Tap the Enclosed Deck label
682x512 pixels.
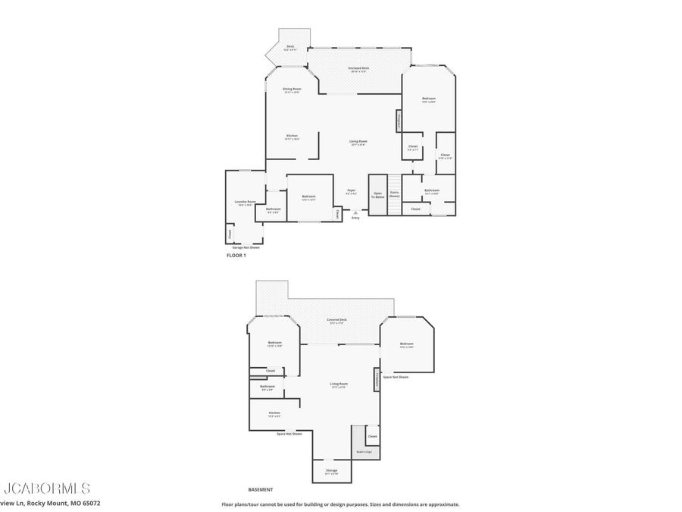[359, 69]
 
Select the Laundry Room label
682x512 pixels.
[246, 203]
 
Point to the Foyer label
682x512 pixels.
[351, 192]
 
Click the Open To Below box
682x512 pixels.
[378, 195]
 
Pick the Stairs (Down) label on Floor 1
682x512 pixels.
[394, 195]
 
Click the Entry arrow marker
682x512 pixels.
[355, 213]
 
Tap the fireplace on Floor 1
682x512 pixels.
[398, 121]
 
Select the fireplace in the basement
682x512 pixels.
[375, 379]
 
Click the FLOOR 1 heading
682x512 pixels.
[236, 256]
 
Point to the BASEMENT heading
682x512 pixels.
[261, 489]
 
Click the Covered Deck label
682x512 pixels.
[337, 320]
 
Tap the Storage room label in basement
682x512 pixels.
[332, 472]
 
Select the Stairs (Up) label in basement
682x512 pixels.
[364, 452]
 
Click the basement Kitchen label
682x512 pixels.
[274, 414]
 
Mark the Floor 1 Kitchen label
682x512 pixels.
[292, 137]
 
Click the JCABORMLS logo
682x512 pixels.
[47, 488]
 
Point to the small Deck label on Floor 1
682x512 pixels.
[290, 48]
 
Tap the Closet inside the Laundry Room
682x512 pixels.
[230, 234]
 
